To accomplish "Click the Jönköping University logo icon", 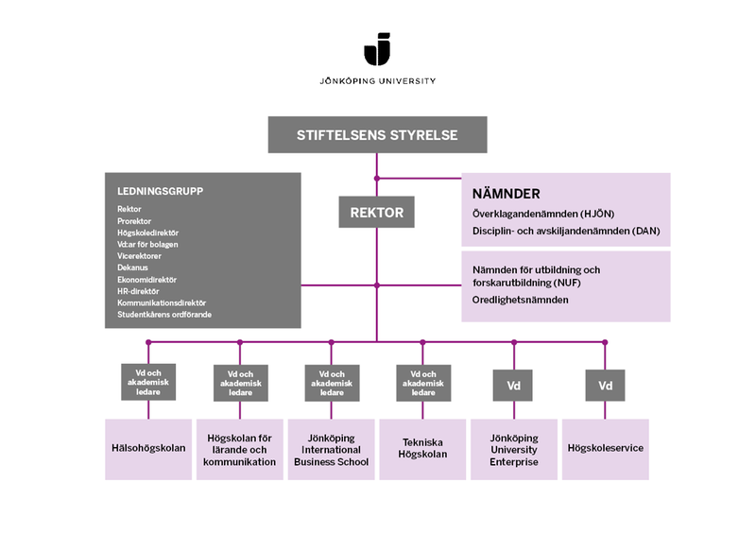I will (377, 49).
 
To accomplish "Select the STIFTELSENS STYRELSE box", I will (377, 135).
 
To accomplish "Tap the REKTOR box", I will (377, 213).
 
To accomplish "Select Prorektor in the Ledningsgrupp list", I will (134, 220).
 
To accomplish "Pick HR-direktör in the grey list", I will (138, 291).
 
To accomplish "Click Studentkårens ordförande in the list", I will (164, 314).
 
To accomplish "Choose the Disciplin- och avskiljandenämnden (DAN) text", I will (565, 231).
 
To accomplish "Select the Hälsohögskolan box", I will (148, 448).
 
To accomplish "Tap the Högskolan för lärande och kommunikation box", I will (240, 449).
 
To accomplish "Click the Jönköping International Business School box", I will (331, 449).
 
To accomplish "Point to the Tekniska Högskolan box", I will (422, 448).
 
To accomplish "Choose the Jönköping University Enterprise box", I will (514, 449).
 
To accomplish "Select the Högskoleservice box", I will (606, 448).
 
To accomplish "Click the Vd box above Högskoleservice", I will (606, 386).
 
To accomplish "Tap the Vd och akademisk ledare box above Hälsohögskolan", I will (148, 381).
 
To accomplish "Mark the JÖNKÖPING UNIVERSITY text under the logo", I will (377, 81).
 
